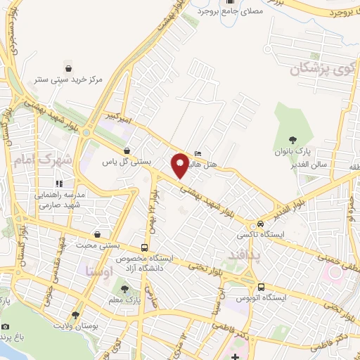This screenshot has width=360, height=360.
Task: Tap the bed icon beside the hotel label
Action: point(198,153)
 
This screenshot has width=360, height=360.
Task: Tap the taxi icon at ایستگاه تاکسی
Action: point(262,223)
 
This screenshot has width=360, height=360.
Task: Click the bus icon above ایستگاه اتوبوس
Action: point(261,287)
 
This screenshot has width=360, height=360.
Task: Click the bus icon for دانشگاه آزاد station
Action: point(144,247)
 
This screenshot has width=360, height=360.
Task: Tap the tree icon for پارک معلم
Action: point(125,289)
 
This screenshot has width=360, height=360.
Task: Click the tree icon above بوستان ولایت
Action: point(75,315)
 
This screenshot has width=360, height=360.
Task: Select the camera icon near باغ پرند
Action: point(6,327)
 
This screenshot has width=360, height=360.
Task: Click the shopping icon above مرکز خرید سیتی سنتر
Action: point(69,68)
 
